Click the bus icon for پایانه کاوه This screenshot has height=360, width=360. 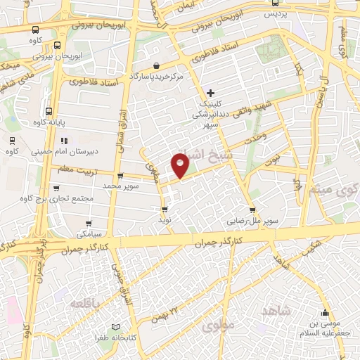click(48, 111)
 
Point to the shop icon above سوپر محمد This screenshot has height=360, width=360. click(121, 176)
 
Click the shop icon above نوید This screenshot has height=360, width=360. click(165, 209)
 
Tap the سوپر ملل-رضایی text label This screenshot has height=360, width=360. click(252, 219)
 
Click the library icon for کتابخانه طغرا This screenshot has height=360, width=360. click(116, 327)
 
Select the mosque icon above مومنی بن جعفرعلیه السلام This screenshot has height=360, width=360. click(324, 314)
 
